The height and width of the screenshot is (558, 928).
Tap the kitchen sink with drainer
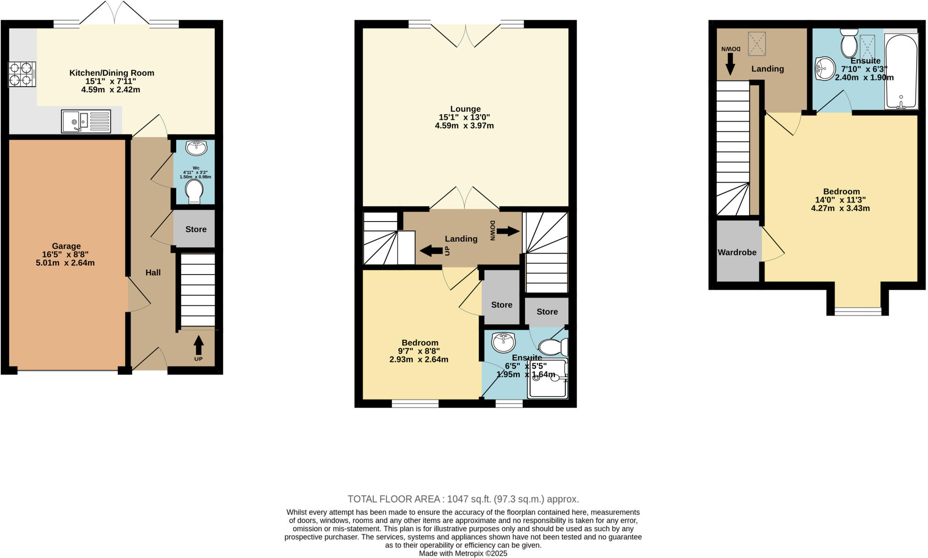click(86, 121)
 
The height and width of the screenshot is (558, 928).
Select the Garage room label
click(66, 246)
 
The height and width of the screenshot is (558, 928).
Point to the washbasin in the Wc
click(196, 147)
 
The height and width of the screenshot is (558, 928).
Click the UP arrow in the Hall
click(198, 345)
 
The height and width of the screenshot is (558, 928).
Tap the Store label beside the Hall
click(196, 229)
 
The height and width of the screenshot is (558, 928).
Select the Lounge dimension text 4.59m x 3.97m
click(464, 125)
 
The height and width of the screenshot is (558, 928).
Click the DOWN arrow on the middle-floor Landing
click(507, 231)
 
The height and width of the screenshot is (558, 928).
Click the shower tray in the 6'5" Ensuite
click(547, 379)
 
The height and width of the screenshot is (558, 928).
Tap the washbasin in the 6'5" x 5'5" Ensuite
click(503, 342)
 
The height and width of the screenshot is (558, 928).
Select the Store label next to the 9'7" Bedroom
click(502, 305)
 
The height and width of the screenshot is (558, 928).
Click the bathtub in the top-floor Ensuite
click(901, 72)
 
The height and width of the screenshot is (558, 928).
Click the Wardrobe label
click(737, 252)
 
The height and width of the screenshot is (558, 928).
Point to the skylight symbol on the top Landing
click(756, 44)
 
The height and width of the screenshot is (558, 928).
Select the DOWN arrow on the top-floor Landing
click(730, 63)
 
